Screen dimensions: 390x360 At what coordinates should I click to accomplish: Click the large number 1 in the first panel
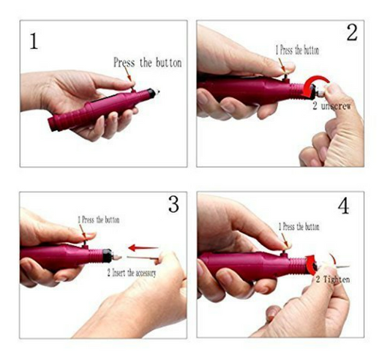coord(34,41)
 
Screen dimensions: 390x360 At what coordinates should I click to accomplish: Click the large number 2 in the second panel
coord(352,32)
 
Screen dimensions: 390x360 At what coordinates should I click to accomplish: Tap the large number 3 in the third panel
coord(173,203)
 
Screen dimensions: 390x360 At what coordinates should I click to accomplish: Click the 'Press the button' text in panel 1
coord(148,62)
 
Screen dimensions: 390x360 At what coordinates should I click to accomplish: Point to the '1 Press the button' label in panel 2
coord(297,50)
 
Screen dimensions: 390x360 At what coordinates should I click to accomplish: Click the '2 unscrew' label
coord(331,106)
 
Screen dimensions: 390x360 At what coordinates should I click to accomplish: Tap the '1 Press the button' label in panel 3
coord(99,220)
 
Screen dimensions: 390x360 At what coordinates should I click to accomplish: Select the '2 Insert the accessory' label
coord(132,273)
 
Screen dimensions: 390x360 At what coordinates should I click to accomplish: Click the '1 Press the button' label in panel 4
coord(299,227)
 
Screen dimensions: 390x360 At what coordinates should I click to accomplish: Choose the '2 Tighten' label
coord(333,280)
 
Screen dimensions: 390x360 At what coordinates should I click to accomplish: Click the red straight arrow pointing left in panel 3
coord(143,248)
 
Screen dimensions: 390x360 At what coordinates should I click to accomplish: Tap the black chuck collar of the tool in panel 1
coord(151,93)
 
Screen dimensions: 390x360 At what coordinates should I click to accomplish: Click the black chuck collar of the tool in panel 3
coord(108,255)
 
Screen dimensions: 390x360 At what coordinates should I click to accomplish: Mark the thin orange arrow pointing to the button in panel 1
coord(127,74)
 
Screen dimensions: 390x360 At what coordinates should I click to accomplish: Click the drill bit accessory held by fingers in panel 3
coord(143,258)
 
